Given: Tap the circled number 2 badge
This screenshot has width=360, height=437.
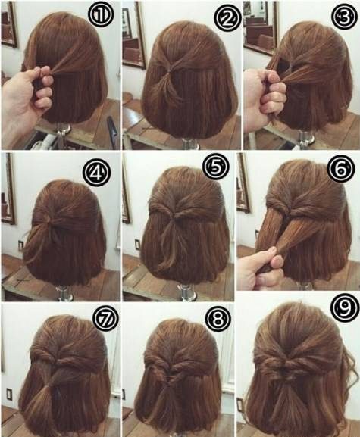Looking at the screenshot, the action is [x=227, y=17].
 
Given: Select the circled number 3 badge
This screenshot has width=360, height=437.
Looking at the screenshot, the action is [x=345, y=17].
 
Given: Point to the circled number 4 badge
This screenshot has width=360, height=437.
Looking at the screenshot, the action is [x=97, y=173].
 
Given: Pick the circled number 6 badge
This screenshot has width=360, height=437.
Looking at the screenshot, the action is [x=341, y=169].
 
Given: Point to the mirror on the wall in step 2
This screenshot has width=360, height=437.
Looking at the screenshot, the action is [x=134, y=35].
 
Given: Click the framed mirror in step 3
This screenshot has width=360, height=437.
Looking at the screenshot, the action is [x=261, y=27].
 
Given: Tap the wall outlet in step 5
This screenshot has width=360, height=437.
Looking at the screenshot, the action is [x=137, y=244].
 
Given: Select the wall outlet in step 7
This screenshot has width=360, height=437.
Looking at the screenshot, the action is [x=10, y=395].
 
